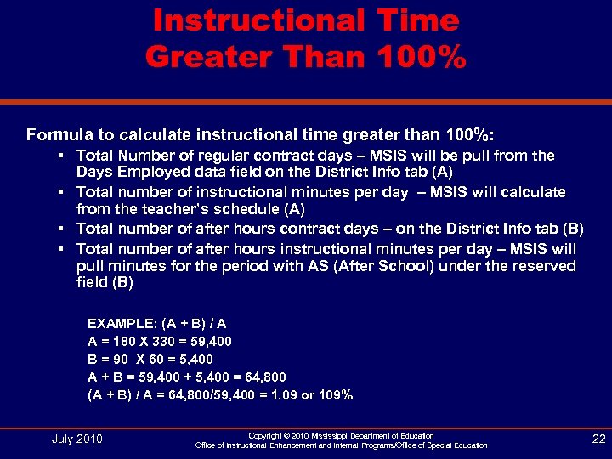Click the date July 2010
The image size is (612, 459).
click(x=76, y=439)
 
